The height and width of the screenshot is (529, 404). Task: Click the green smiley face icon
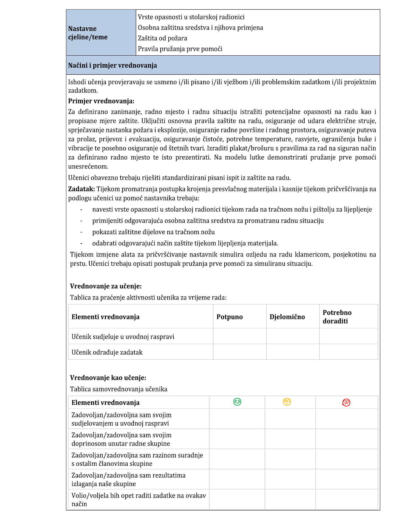pos(237,402)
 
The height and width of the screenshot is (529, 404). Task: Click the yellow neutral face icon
pos(287,402)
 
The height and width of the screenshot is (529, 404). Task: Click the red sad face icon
pos(346,402)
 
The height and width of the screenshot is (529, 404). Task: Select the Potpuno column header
pos(229,317)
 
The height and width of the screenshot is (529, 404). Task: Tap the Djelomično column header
pos(287,317)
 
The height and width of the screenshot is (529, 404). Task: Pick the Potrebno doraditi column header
pos(337,317)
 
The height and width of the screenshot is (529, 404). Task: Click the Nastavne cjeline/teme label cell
pos(88,33)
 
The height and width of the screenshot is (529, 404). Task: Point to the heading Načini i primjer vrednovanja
pos(112,65)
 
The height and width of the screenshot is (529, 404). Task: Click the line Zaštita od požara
pos(162,38)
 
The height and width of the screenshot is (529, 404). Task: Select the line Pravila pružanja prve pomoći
pos(180,49)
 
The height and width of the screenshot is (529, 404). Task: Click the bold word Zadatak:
pos(81,189)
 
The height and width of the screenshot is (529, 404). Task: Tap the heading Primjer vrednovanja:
pos(101,101)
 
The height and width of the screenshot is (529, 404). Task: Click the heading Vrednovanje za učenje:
pos(106,286)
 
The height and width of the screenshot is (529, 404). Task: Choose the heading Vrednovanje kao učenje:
pos(108,378)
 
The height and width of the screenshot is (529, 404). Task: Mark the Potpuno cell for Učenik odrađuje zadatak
pos(239,352)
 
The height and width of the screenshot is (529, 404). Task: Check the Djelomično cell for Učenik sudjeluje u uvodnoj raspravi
pos(293,336)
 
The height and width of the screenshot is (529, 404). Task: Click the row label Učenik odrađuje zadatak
pos(107,352)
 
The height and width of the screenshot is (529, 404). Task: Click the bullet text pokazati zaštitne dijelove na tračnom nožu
pos(153,232)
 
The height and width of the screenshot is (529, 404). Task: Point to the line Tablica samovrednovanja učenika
pos(118,389)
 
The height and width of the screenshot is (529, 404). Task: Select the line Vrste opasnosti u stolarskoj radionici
pos(191,17)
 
